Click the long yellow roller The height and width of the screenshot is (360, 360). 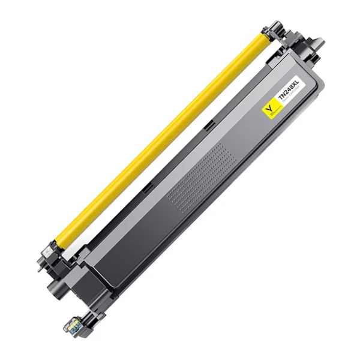[162, 135]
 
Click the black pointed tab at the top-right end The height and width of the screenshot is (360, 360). [316, 44]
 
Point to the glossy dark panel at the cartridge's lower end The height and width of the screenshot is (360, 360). [120, 264]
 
